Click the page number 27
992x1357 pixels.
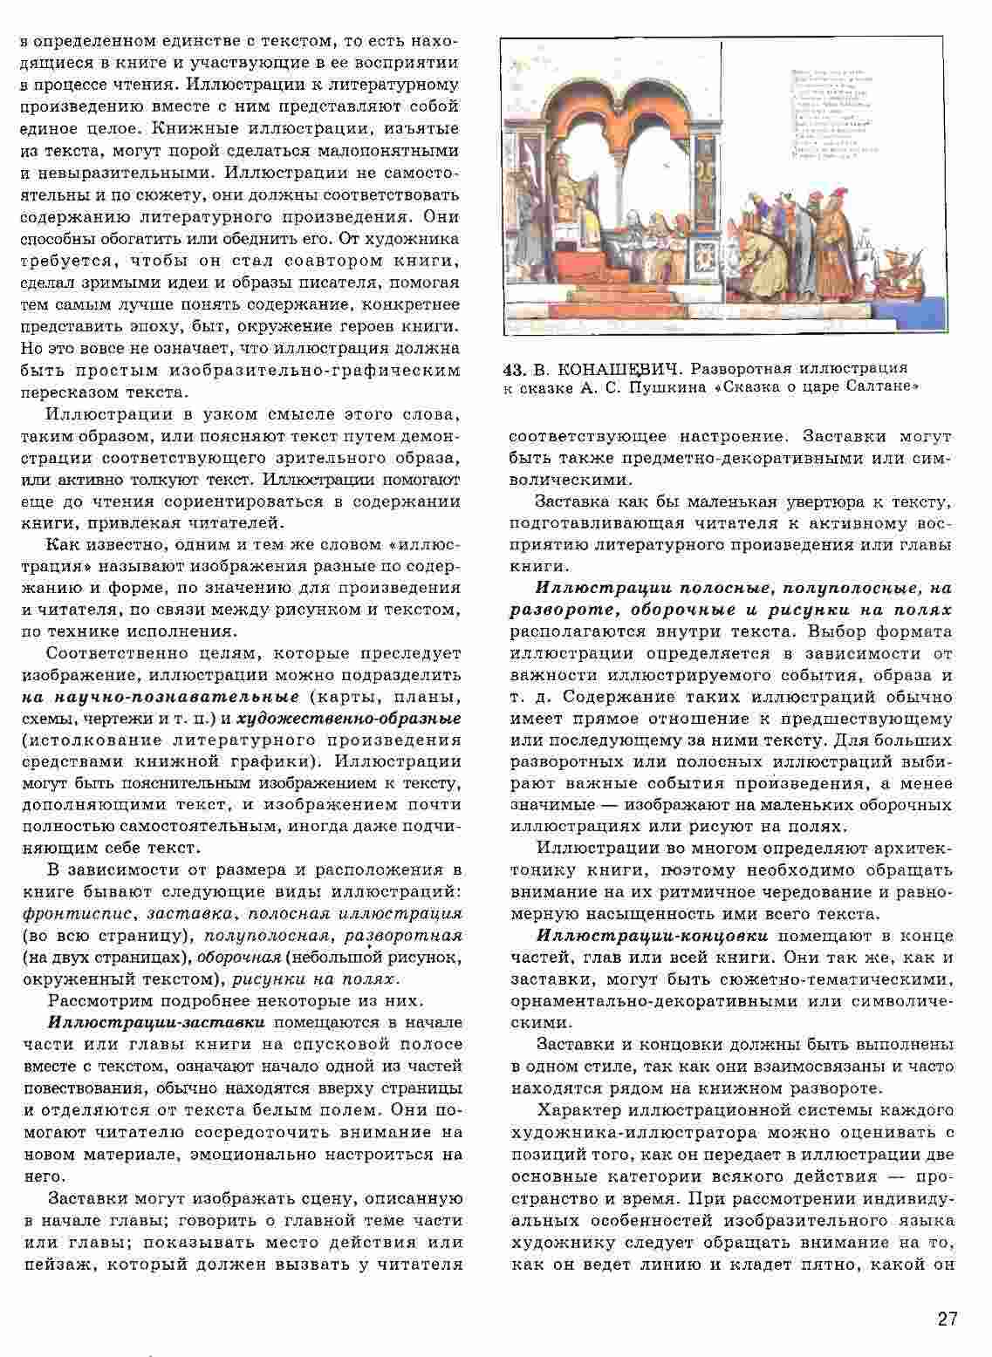coord(947,1319)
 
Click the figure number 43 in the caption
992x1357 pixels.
coord(515,368)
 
